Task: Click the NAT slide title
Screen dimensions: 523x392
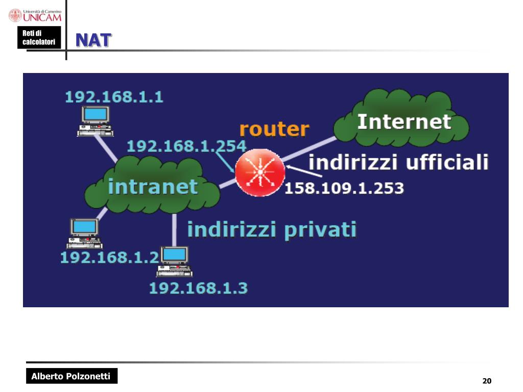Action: click(x=93, y=40)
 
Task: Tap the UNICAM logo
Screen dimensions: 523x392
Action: click(x=35, y=15)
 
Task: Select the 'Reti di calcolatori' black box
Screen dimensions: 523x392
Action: click(x=39, y=38)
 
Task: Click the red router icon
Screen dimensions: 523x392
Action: click(x=260, y=172)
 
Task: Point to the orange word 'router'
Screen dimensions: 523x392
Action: click(x=274, y=129)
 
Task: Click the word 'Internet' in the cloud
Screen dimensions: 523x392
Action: click(x=404, y=122)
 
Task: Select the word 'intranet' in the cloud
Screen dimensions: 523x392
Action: click(x=152, y=187)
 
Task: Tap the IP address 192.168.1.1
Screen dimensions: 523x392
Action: click(x=114, y=97)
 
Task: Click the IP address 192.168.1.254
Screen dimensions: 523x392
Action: click(x=186, y=146)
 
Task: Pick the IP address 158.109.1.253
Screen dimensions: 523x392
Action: click(x=344, y=188)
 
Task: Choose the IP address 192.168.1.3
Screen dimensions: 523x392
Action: click(x=198, y=288)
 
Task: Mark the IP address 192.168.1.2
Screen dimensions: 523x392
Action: click(x=109, y=257)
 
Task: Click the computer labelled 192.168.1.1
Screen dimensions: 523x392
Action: click(x=95, y=121)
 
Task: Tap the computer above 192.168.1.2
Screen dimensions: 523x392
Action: click(x=84, y=233)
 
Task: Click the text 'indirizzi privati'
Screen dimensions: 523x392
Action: click(x=272, y=229)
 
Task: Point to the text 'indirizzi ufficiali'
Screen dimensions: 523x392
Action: click(x=398, y=162)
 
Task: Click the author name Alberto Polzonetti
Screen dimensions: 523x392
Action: click(x=71, y=377)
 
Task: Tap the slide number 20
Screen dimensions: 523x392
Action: click(x=486, y=381)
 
